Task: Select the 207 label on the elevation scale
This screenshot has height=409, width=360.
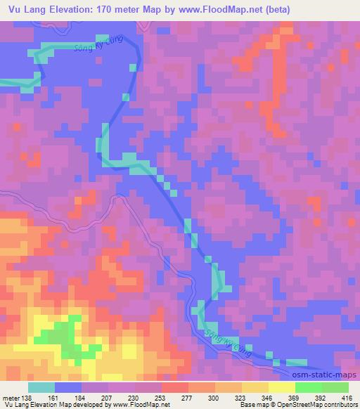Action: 105,397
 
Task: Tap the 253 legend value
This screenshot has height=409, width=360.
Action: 161,397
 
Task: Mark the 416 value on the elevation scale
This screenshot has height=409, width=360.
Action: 347,397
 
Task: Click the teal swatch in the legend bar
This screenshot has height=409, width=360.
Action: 41,387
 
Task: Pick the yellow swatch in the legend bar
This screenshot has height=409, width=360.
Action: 282,387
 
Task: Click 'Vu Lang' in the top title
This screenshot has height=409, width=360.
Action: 27,10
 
